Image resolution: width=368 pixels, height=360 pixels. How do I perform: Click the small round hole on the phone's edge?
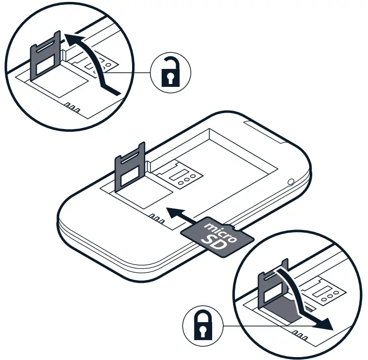point(290,182)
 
